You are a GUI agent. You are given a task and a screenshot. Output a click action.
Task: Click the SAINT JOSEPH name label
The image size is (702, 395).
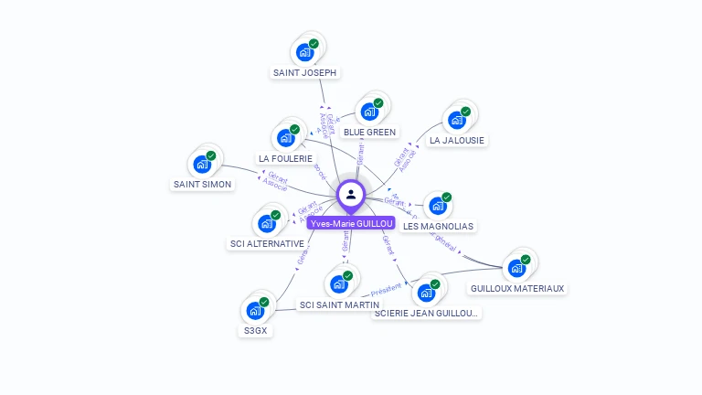(304, 72)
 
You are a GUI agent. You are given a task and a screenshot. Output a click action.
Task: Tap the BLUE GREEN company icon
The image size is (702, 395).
(369, 112)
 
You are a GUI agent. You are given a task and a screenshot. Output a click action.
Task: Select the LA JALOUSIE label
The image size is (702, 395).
(457, 140)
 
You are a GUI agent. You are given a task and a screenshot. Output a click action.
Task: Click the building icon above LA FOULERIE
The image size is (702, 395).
(285, 138)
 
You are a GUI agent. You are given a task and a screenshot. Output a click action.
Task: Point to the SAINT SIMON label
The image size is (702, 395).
(202, 184)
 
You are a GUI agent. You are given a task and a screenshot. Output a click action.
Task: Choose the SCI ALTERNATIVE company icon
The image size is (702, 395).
(266, 223)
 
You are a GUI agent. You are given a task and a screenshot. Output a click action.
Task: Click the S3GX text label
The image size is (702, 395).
(255, 330)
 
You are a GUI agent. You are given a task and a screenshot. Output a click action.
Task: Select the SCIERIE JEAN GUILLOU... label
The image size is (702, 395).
(426, 314)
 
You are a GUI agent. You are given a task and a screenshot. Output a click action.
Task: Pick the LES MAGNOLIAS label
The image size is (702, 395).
(439, 226)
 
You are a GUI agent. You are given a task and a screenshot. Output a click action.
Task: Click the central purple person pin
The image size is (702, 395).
(351, 194)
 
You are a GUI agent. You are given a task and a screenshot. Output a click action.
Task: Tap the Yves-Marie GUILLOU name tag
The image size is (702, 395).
(351, 223)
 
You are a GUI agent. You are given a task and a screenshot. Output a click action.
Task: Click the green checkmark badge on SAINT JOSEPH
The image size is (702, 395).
(314, 43)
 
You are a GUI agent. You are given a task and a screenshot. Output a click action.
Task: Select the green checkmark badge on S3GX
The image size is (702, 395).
(264, 302)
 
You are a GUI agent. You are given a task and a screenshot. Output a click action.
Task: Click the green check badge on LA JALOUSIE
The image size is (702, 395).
(465, 112)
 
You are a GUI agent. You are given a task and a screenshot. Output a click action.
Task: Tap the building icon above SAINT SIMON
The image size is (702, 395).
(201, 165)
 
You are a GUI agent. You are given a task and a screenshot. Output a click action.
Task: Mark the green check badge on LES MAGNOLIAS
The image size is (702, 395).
(447, 197)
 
